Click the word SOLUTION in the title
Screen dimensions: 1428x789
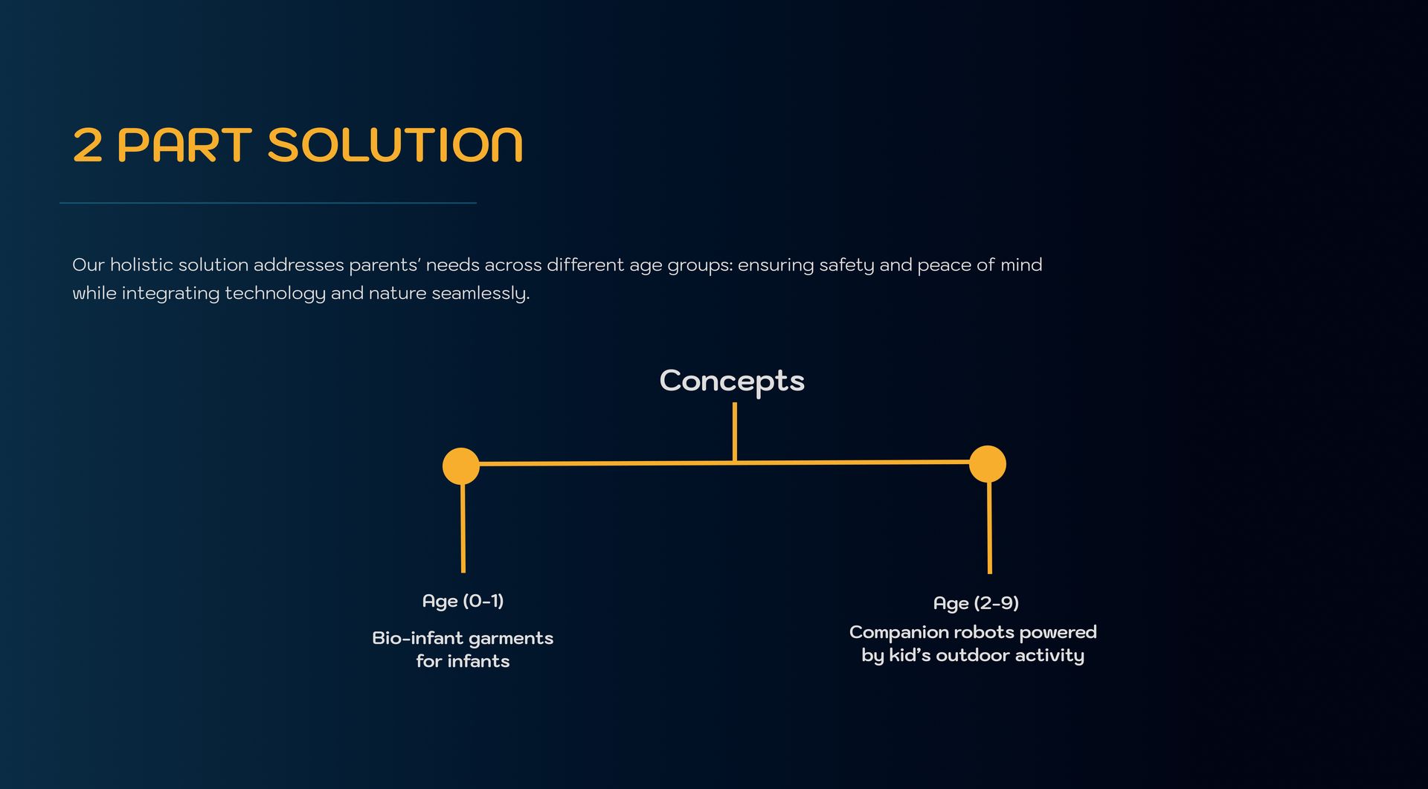(x=395, y=144)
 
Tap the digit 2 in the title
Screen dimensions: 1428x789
(x=87, y=144)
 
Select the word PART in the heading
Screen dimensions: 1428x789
(x=184, y=144)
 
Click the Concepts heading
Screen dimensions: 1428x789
(x=732, y=381)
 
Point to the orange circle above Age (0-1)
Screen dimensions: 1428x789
(x=461, y=466)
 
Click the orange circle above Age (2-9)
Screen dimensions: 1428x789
(x=988, y=464)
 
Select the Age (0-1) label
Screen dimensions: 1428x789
(x=463, y=601)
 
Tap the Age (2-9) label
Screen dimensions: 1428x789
(x=976, y=603)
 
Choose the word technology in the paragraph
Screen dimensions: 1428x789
(x=275, y=294)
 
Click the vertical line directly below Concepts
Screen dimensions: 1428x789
(x=735, y=432)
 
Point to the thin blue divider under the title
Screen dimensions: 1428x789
(x=268, y=203)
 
